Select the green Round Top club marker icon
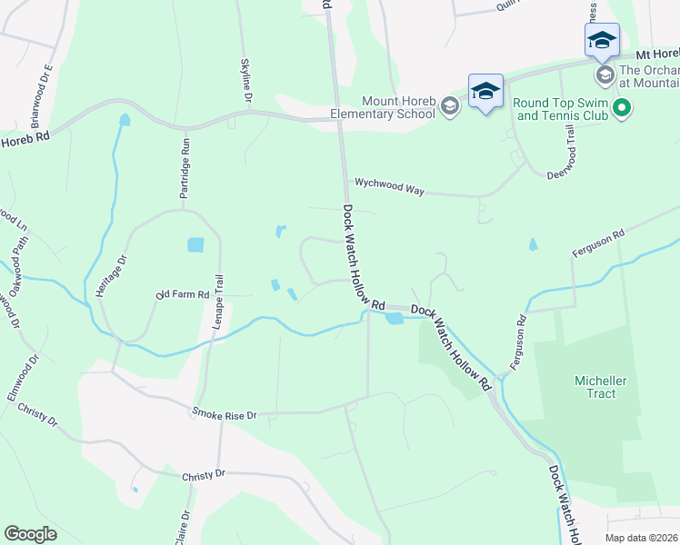622,109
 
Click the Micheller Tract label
595,387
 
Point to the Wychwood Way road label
390,188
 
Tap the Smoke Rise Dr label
224,414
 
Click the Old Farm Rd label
183,295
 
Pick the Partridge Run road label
185,163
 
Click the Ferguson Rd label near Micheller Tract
518,341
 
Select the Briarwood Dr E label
42,94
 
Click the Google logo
30,535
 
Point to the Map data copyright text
642,538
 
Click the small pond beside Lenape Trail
195,244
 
